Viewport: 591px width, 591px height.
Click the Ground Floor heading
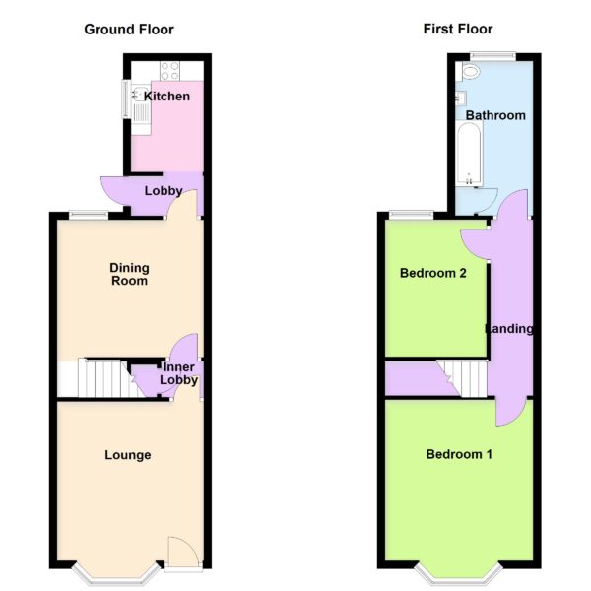(129, 30)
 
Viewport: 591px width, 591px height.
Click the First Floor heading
(458, 29)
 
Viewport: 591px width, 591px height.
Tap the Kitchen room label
(166, 97)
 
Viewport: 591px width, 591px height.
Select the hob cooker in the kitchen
(169, 71)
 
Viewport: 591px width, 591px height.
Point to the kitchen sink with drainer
(141, 103)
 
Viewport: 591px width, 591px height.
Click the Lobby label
(164, 191)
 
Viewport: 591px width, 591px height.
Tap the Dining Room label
(129, 274)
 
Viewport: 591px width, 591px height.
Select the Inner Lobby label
(178, 373)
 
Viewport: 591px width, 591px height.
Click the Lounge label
(128, 455)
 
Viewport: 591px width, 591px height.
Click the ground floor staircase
(110, 378)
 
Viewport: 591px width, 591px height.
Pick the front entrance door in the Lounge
(183, 553)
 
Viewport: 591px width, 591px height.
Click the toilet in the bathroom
(470, 71)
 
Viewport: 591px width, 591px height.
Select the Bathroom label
(495, 115)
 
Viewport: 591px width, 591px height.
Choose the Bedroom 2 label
(433, 273)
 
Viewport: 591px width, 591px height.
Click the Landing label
(509, 329)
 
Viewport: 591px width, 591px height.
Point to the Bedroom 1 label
(459, 454)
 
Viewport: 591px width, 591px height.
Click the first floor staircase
(463, 378)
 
